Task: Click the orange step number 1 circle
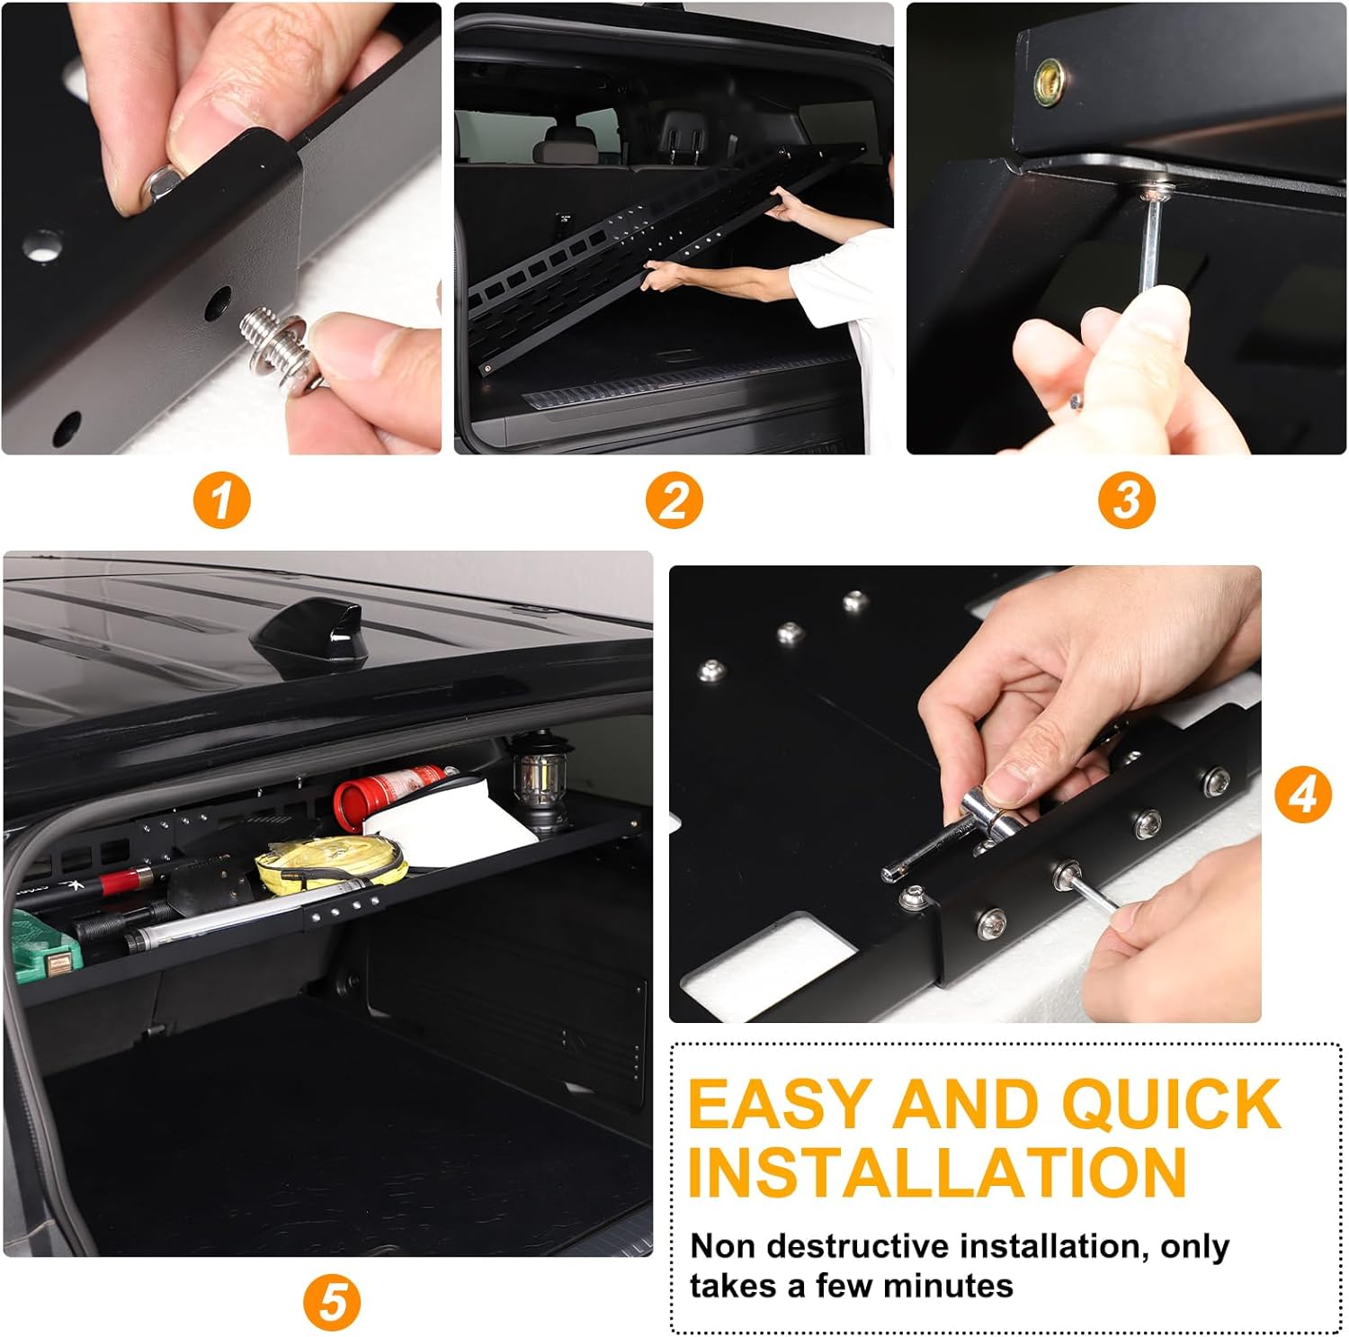[x=221, y=500]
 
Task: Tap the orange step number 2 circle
[x=674, y=500]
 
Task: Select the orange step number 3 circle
[x=1126, y=500]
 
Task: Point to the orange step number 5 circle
[x=331, y=1302]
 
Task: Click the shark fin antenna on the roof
[x=307, y=634]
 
